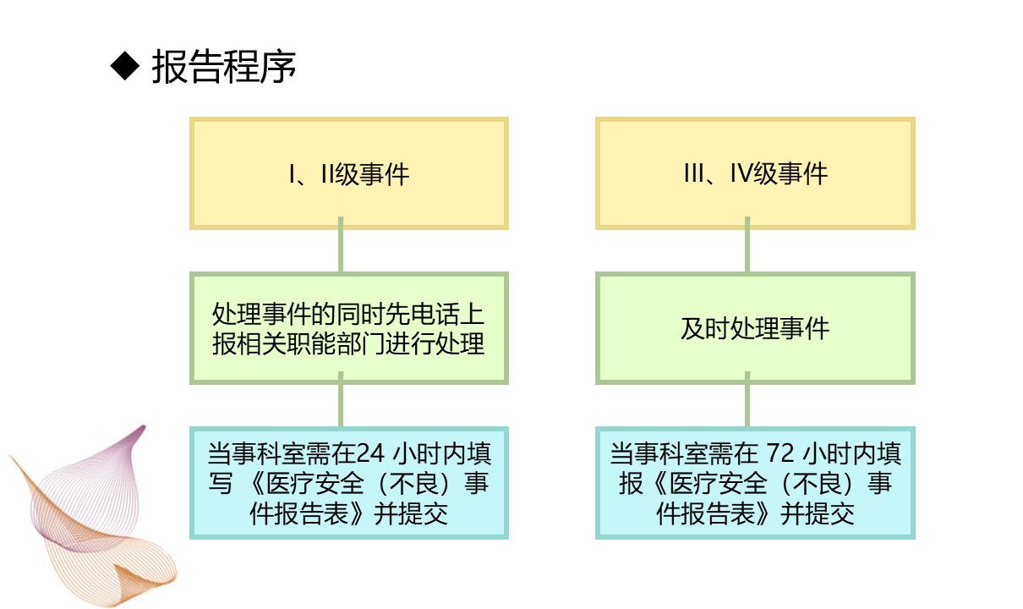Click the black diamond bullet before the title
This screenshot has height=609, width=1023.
pos(124,66)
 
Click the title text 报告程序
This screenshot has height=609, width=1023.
pos(224,67)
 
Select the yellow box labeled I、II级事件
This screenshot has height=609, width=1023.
pos(349,173)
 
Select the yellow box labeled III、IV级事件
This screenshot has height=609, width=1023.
pos(755,173)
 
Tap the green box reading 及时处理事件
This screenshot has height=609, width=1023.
pos(755,328)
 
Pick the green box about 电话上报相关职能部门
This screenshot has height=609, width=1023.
pos(349,328)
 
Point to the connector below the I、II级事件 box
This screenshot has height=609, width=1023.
pos(341,245)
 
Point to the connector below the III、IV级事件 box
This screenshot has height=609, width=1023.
pos(747,245)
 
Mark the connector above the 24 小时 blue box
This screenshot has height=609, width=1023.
pos(341,399)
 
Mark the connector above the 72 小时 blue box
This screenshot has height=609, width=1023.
pos(747,399)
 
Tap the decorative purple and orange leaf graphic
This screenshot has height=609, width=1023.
pos(91,516)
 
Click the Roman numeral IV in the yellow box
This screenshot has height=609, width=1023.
pos(741,173)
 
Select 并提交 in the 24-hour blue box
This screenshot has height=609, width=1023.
pos(411,513)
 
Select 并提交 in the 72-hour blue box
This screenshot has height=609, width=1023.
pos(817,513)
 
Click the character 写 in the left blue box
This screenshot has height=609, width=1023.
pos(221,483)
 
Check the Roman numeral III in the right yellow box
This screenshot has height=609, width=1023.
pos(694,173)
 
